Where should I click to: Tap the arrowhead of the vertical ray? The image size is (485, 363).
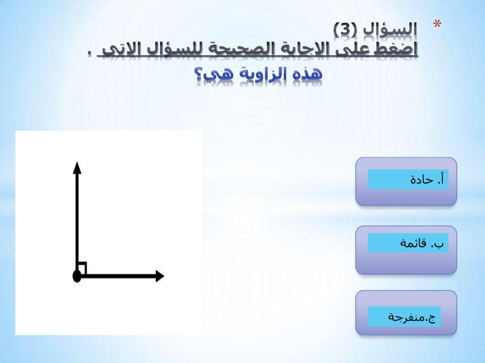pyautogui.click(x=76, y=167)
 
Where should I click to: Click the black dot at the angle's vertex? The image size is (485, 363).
pyautogui.click(x=76, y=276)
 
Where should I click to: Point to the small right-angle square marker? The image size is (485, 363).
pyautogui.click(x=82, y=268)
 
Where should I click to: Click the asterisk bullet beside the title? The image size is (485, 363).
pyautogui.click(x=437, y=25)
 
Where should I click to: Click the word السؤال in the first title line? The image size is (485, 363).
pyautogui.click(x=390, y=29)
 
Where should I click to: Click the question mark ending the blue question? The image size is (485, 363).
pyautogui.click(x=198, y=75)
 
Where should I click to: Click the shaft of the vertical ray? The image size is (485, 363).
pyautogui.click(x=76, y=223)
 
